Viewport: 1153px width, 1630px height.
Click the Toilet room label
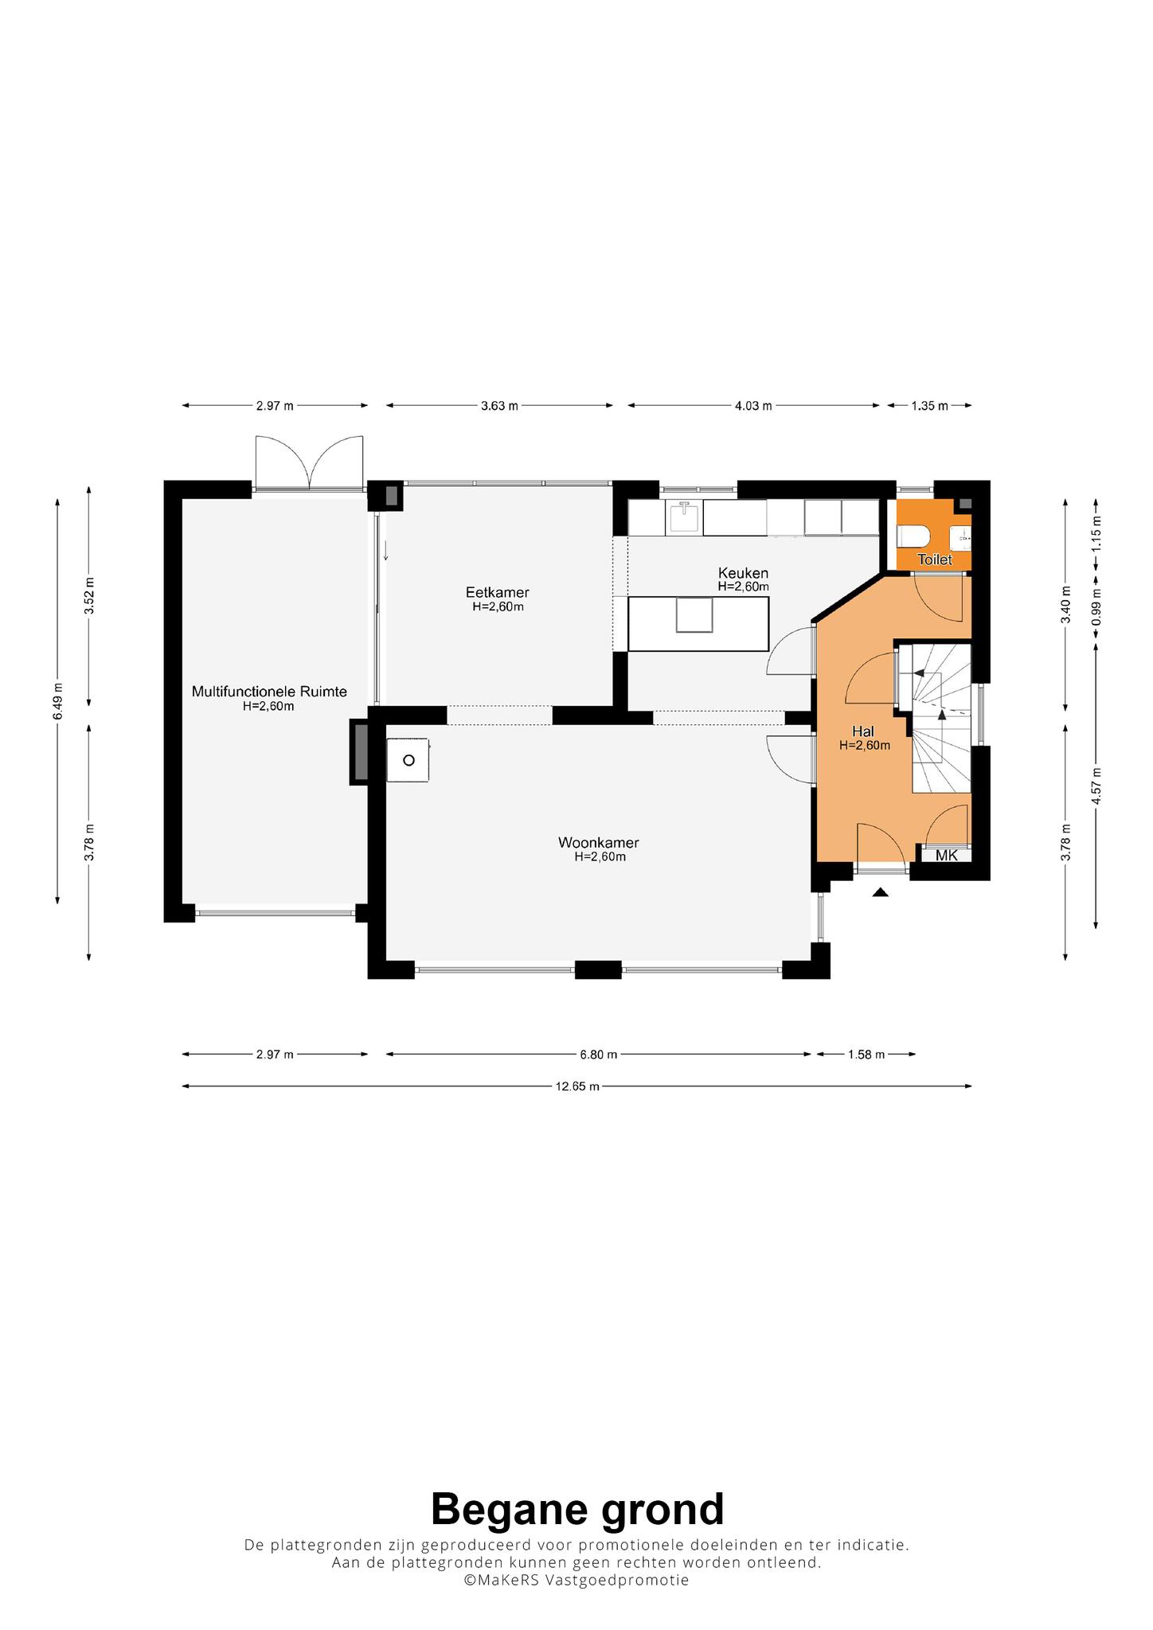click(934, 560)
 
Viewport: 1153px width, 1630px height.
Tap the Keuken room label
click(743, 573)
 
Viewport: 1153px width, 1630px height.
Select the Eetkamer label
click(498, 592)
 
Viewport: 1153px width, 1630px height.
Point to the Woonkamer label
click(599, 843)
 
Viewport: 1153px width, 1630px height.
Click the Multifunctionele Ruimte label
click(269, 692)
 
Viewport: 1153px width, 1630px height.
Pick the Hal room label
click(863, 731)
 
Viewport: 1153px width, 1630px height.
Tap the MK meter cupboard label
click(947, 856)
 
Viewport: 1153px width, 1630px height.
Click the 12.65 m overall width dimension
click(577, 1086)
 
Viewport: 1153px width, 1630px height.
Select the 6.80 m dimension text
click(599, 1055)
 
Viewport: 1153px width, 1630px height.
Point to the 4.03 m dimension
click(753, 406)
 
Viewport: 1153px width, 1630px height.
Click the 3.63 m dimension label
click(499, 406)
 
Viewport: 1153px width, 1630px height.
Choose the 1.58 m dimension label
click(866, 1055)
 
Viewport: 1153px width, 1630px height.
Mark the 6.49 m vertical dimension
click(57, 701)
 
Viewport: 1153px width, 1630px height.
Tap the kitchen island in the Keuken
click(698, 623)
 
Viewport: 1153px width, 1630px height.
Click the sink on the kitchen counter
click(685, 518)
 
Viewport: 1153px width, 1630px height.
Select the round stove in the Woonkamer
click(408, 760)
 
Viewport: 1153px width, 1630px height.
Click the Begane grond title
click(577, 1509)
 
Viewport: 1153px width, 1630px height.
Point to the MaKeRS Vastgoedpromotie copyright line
click(577, 1580)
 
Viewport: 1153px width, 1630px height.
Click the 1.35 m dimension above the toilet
click(930, 406)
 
